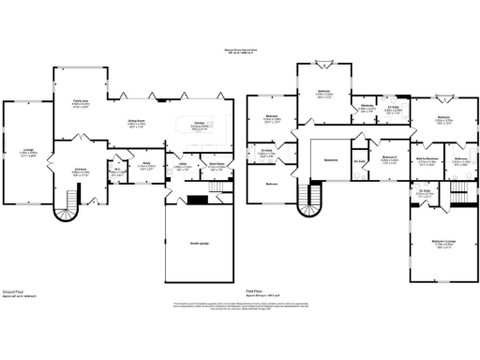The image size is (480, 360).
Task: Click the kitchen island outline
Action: [201, 125]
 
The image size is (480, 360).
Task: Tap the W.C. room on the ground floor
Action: [118, 173]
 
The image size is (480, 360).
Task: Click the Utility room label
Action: [184, 168]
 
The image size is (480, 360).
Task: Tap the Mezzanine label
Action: [330, 159]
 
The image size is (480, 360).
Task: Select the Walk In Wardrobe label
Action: [429, 160]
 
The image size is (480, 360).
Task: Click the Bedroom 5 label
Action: [390, 157]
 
